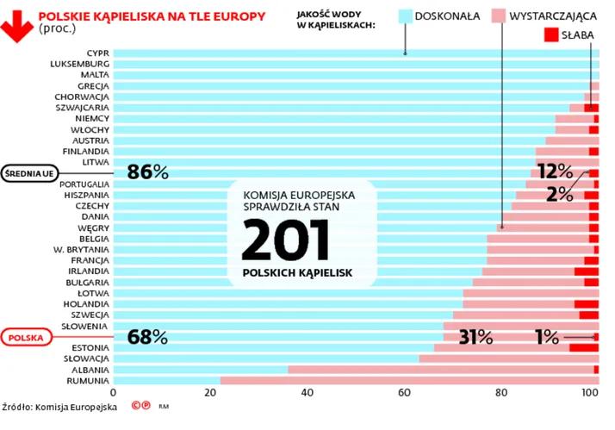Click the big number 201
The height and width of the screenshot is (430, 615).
(x=285, y=240)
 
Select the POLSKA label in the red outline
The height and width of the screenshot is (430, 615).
(x=26, y=338)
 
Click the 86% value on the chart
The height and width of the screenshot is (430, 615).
(x=147, y=172)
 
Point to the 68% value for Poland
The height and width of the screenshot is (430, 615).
(x=147, y=337)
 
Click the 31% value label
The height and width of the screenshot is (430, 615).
(x=475, y=337)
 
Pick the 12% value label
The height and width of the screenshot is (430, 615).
(x=554, y=171)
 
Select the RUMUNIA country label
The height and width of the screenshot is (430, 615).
(x=86, y=380)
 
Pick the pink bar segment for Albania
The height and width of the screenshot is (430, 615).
(x=439, y=369)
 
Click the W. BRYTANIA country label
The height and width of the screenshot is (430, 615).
(x=81, y=249)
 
